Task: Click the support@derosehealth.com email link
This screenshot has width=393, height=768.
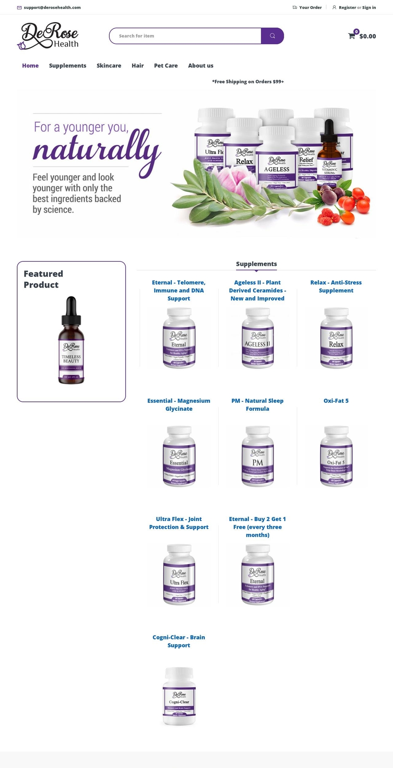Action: coord(52,7)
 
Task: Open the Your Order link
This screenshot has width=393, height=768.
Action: coord(310,7)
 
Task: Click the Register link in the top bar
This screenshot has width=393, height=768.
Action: coord(347,7)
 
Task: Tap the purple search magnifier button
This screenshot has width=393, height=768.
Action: coord(272,36)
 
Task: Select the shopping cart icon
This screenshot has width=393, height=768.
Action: coord(352,36)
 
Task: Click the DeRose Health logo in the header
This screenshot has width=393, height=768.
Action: coord(48,36)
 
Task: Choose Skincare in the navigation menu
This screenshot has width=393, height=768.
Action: coord(109,66)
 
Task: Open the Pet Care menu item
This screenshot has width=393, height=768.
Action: coord(166,66)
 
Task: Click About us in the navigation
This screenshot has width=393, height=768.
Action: coord(201,66)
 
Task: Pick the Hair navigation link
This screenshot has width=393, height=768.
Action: coord(138,66)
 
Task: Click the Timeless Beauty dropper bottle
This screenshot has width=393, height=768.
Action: coord(71,340)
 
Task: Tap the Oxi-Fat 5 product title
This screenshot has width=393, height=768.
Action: coord(336,401)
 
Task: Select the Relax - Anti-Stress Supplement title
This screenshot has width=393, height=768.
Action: coord(336,286)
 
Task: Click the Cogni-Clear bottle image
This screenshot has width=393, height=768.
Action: coord(179,696)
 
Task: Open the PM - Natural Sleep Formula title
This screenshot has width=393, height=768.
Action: coord(257,405)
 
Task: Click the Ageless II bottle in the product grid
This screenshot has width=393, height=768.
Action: coord(257,338)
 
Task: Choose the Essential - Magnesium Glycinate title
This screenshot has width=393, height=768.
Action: coord(179,405)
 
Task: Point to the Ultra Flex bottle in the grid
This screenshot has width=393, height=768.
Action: coord(179,575)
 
